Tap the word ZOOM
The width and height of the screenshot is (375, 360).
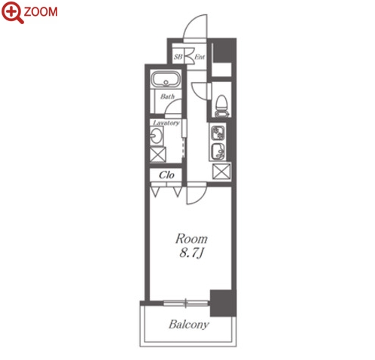click(41, 12)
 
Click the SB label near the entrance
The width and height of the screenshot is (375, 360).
click(178, 57)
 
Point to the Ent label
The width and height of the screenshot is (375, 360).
click(200, 57)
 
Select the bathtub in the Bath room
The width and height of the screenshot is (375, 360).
click(166, 80)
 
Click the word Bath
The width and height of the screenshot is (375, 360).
click(167, 96)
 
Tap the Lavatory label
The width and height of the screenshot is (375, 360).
click(166, 123)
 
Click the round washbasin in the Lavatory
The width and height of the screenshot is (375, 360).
click(157, 136)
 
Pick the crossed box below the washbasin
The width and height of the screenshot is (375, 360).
click(158, 154)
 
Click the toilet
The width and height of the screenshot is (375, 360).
click(222, 106)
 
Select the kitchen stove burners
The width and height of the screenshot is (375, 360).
click(218, 133)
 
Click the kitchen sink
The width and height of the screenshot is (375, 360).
click(218, 151)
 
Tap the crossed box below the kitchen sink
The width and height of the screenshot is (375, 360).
click(221, 172)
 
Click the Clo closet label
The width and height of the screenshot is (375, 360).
click(166, 175)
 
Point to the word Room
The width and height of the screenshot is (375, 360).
click(191, 239)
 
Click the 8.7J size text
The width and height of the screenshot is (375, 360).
click(191, 253)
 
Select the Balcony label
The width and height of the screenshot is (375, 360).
click(189, 325)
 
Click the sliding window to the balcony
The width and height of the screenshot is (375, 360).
click(186, 304)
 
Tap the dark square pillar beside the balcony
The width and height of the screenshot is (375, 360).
click(223, 304)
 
